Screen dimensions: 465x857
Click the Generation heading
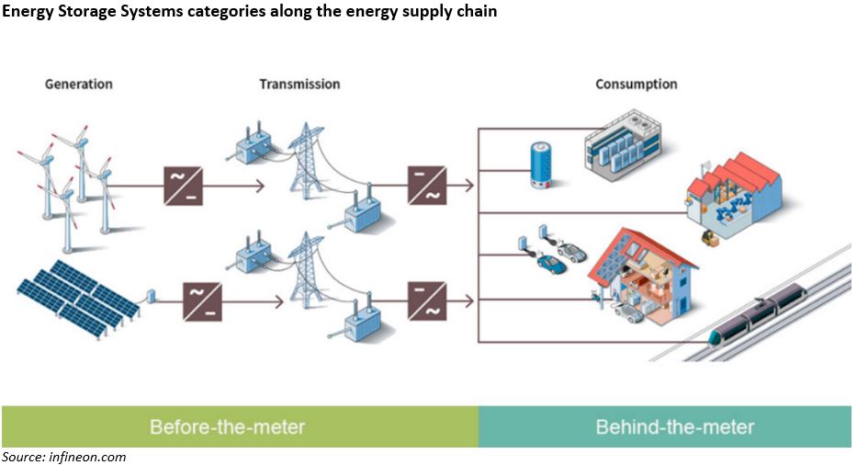point(79,84)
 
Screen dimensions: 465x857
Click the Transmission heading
point(299,84)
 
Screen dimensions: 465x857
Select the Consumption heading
point(637,84)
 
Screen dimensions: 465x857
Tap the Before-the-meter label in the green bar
point(227,427)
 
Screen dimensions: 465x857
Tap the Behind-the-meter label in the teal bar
point(675,427)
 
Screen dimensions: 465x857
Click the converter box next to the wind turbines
point(184,186)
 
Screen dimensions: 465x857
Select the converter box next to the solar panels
point(201,301)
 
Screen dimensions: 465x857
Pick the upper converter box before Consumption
point(428,185)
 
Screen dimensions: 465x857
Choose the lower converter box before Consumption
point(428,301)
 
